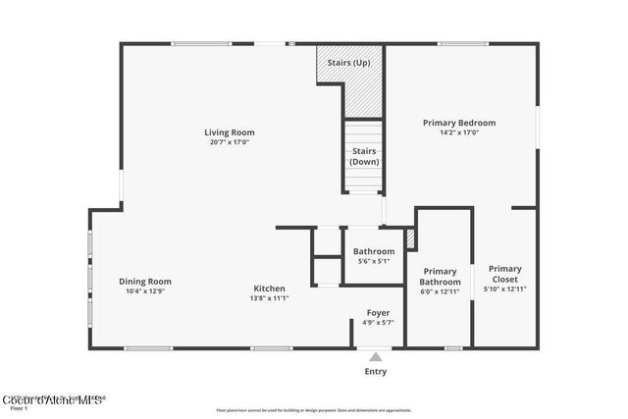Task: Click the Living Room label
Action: coord(230,132)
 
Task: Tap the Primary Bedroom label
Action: coord(458,123)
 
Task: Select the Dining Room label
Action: coord(145,282)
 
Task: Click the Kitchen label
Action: coord(269,288)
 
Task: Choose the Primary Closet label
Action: coord(505,274)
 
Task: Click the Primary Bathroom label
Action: coord(441,277)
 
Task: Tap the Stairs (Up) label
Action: coord(348,62)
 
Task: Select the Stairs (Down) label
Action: coord(364,156)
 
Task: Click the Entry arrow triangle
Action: coord(376,358)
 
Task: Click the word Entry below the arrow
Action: coord(376,372)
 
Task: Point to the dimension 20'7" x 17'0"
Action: coord(230,142)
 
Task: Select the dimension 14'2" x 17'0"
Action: coord(458,133)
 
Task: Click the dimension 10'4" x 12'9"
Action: coord(145,291)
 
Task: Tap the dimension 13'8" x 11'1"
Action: coord(269,298)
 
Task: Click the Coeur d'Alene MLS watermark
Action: coord(53,399)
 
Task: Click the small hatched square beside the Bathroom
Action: coord(411,237)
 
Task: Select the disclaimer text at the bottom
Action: coord(313,410)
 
